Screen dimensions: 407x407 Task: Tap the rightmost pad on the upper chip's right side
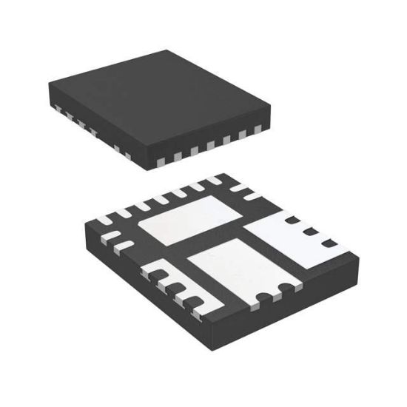tap(258, 129)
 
